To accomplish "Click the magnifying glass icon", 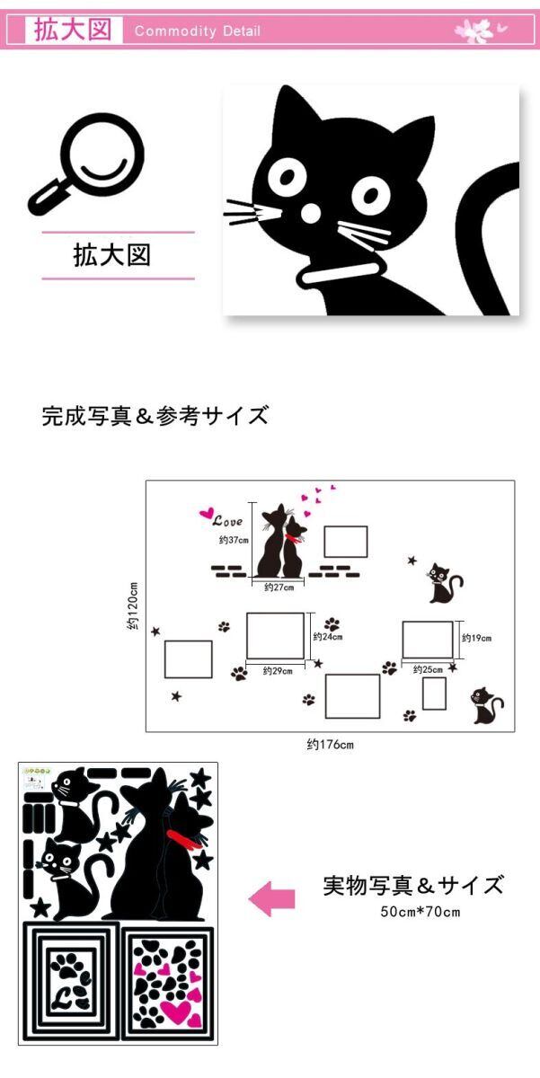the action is (86, 163).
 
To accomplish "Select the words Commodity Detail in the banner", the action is (198, 31).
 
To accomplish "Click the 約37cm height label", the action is (234, 540).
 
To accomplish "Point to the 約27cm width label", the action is (279, 588).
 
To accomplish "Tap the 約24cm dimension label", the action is (328, 637).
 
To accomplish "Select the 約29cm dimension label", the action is (278, 670).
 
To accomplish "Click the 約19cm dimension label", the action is (476, 638).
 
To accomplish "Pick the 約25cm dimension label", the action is (428, 669).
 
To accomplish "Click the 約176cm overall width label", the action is (330, 745).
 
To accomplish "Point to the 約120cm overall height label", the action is (133, 605).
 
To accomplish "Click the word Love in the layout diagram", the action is (227, 521).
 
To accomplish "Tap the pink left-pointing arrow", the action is (272, 898).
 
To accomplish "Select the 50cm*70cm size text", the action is (420, 912).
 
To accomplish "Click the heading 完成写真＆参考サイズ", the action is (155, 415).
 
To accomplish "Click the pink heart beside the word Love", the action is (207, 514).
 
